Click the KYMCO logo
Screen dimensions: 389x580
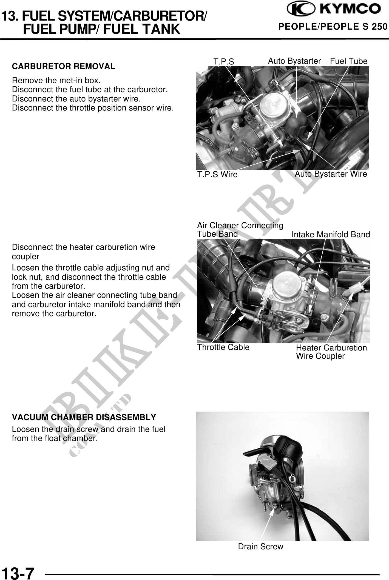click(334, 10)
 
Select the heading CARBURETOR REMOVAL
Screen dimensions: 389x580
click(64, 66)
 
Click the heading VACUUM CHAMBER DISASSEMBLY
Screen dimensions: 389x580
click(84, 417)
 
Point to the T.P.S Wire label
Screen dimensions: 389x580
click(217, 174)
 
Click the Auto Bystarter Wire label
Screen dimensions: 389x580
click(331, 174)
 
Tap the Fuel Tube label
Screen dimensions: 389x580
click(348, 61)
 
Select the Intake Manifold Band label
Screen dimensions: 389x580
click(331, 234)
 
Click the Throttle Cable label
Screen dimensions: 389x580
click(223, 347)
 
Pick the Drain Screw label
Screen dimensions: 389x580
click(260, 547)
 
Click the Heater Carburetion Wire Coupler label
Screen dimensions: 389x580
click(331, 352)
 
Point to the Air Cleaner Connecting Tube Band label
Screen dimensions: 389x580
click(240, 230)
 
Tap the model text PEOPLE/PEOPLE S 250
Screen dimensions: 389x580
click(333, 27)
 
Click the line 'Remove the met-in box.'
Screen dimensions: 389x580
click(56, 81)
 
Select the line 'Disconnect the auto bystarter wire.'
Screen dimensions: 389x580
click(76, 99)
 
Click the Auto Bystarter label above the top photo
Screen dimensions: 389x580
click(294, 61)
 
